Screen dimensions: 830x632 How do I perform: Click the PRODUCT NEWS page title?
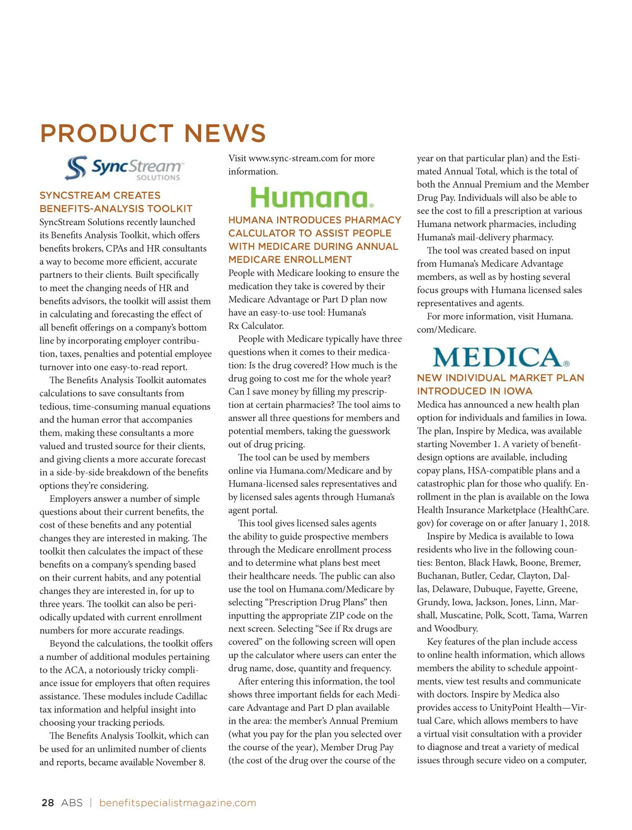point(153,133)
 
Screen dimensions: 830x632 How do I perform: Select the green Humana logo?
point(312,198)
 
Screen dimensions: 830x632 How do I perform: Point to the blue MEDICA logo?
point(501,357)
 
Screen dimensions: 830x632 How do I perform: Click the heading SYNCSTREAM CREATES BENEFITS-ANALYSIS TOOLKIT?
point(116,202)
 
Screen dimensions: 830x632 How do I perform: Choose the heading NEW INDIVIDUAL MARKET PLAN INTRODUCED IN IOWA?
point(500,384)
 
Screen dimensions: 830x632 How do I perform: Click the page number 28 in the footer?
point(47,803)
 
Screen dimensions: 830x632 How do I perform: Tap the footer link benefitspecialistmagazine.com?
point(177,803)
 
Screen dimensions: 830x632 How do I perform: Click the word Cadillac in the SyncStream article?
point(192,696)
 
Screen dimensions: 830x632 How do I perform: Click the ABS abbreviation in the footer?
point(72,803)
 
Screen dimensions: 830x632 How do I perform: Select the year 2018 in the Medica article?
point(578,523)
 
